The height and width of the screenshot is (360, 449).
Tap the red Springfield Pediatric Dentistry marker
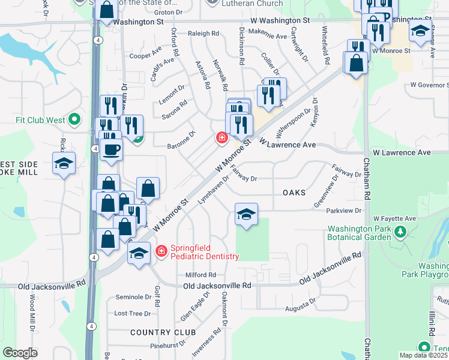[x=161, y=250]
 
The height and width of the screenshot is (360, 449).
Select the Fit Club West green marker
[x=74, y=119]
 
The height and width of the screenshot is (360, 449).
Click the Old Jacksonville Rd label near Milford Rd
[x=217, y=286]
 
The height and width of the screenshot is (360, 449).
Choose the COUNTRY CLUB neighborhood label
[x=163, y=332]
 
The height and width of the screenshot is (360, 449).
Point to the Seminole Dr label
[x=133, y=297]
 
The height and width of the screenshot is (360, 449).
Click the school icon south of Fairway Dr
[x=246, y=215]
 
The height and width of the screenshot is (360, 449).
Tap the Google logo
[x=20, y=352]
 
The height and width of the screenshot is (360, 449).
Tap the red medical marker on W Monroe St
[x=221, y=138]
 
